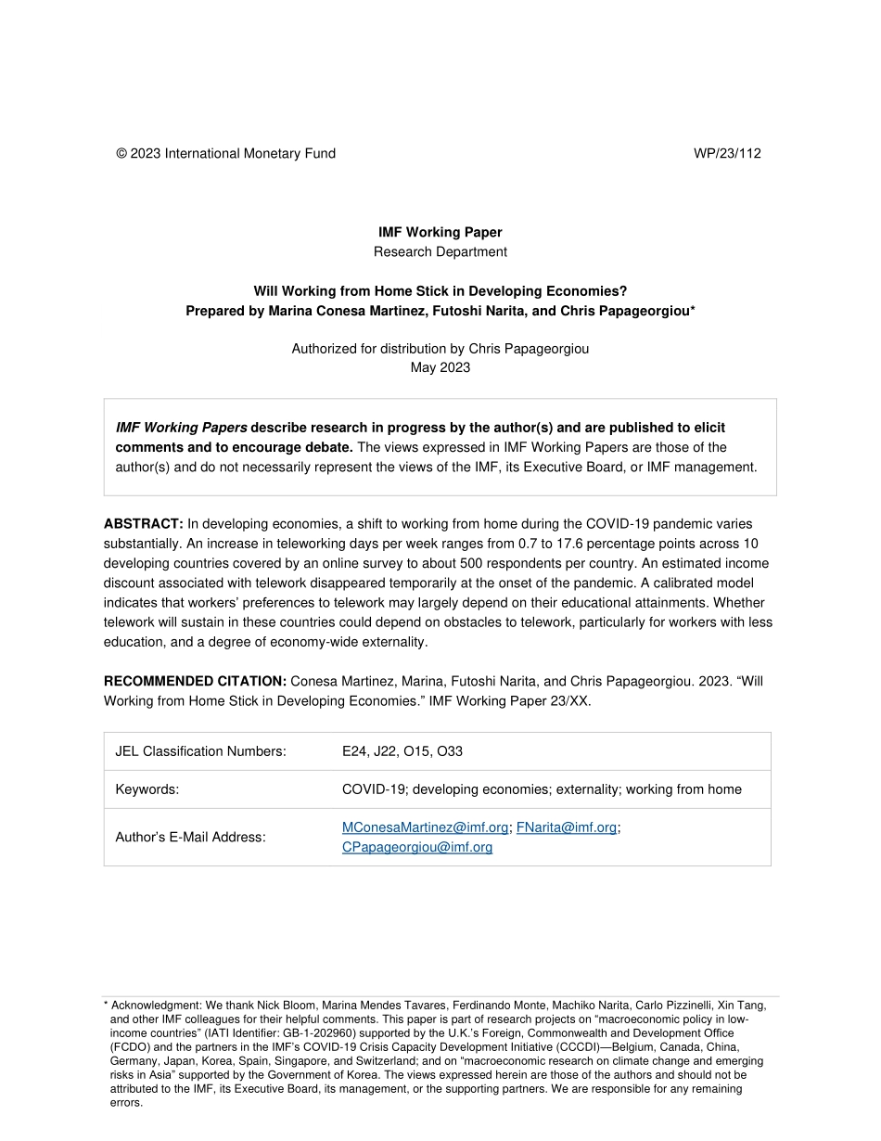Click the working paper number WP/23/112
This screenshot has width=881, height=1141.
pyautogui.click(x=727, y=154)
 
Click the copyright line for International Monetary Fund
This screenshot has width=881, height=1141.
pyautogui.click(x=225, y=154)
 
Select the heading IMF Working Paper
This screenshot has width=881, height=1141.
pyautogui.click(x=440, y=233)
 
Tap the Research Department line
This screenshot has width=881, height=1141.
pyautogui.click(x=440, y=251)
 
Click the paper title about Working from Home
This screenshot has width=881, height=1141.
pyautogui.click(x=440, y=291)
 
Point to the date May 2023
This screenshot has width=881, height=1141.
pyautogui.click(x=440, y=367)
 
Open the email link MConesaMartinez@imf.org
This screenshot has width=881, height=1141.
pyautogui.click(x=425, y=827)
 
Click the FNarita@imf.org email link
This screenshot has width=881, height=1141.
pyautogui.click(x=566, y=827)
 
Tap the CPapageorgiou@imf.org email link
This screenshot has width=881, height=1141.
pyautogui.click(x=416, y=847)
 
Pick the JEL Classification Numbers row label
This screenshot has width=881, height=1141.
pyautogui.click(x=200, y=751)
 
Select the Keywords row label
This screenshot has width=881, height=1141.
pyautogui.click(x=147, y=789)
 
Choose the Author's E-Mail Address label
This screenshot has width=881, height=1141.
pyautogui.click(x=190, y=837)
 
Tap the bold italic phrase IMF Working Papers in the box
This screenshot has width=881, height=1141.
pyautogui.click(x=181, y=428)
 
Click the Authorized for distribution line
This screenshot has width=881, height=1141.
pyautogui.click(x=440, y=349)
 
